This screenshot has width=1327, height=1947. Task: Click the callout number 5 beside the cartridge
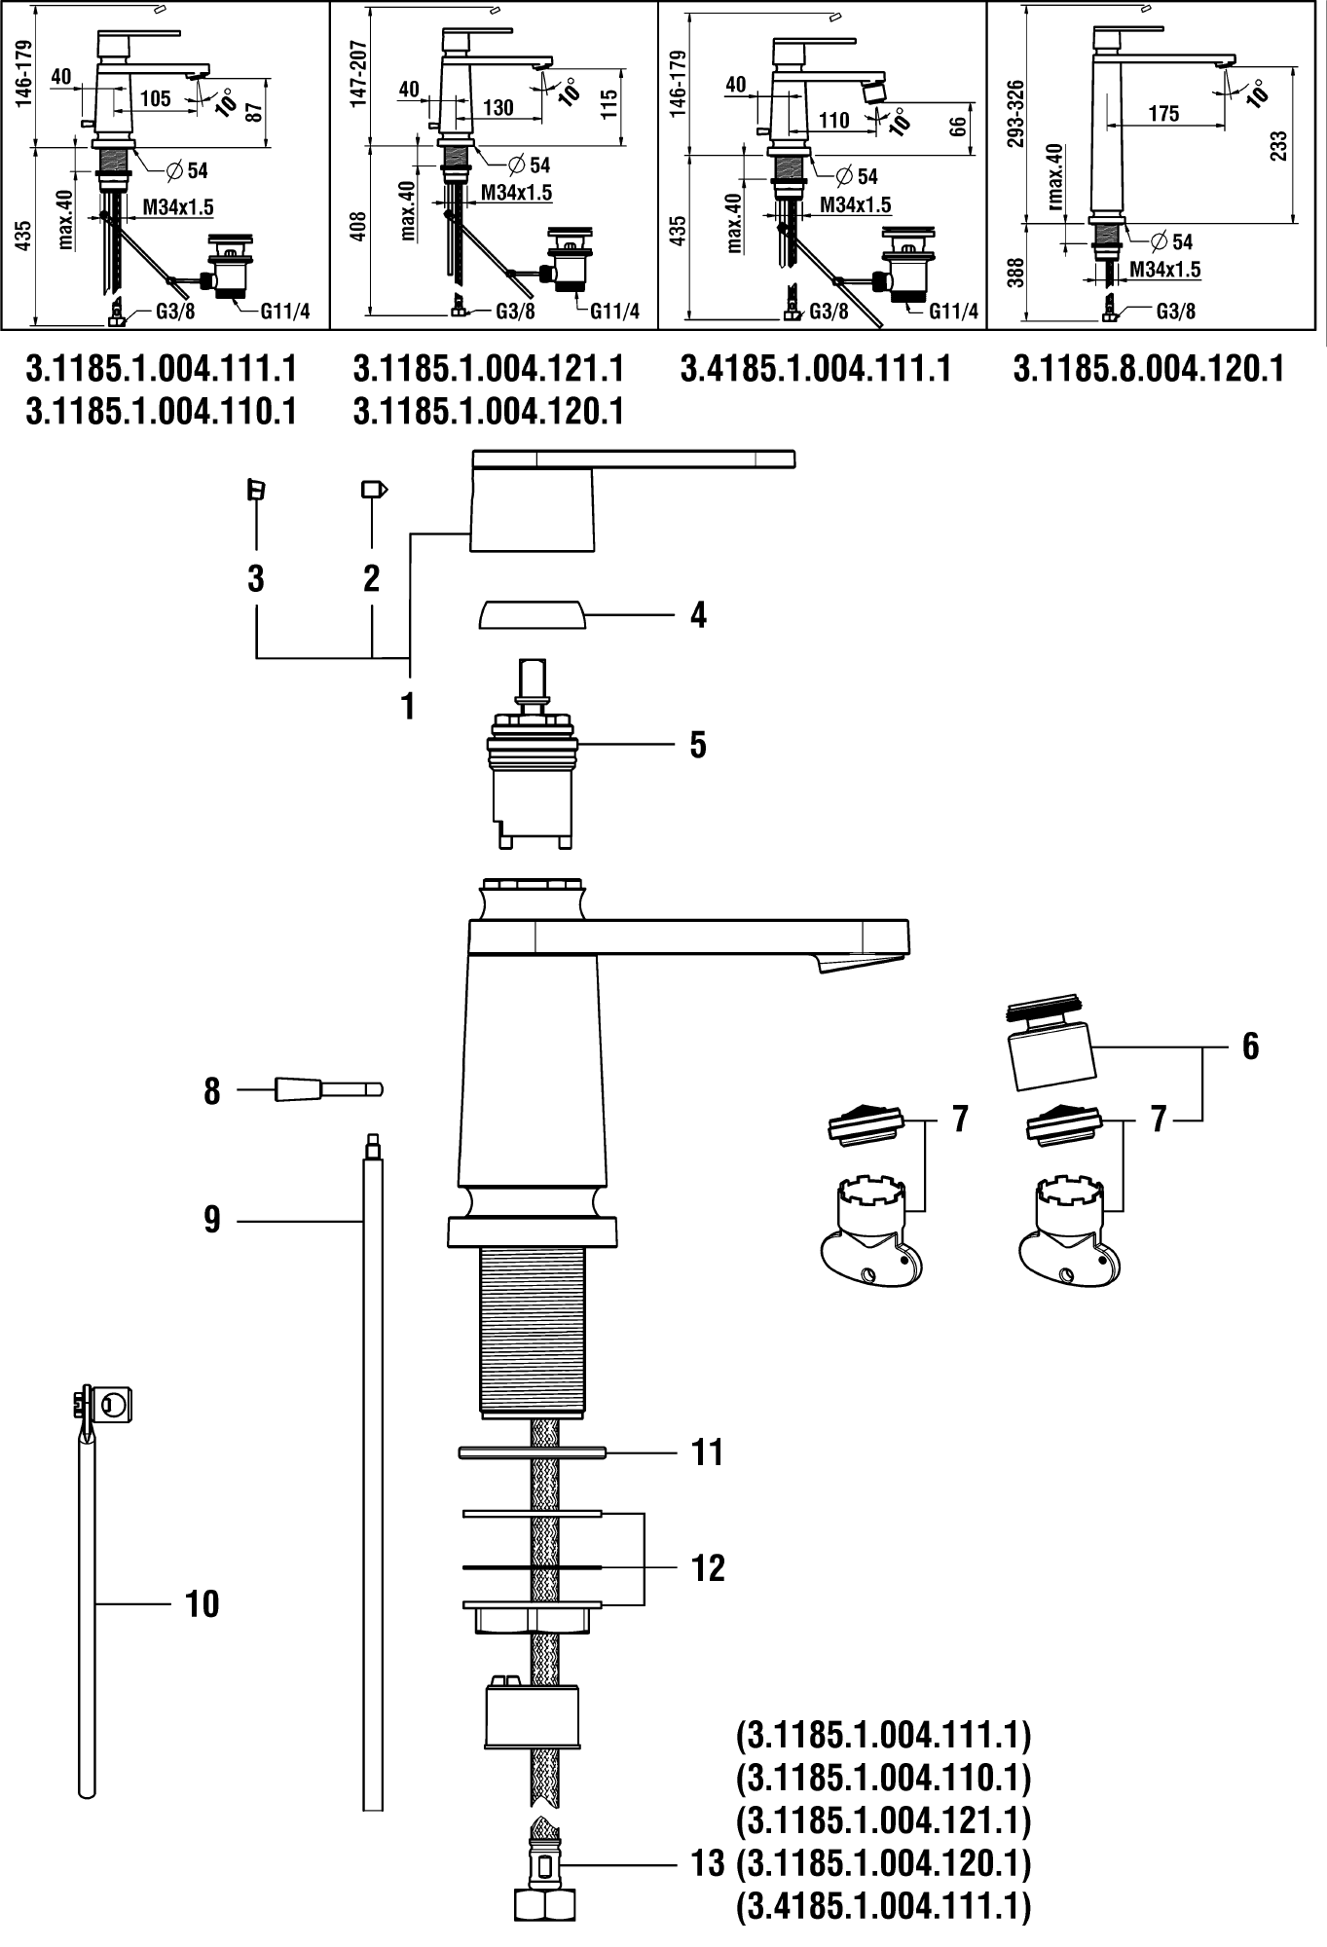pyautogui.click(x=697, y=745)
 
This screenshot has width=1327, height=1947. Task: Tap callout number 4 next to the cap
pyautogui.click(x=697, y=615)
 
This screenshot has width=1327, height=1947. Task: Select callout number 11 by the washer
pyautogui.click(x=708, y=1452)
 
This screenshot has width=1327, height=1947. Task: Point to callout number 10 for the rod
pyautogui.click(x=203, y=1603)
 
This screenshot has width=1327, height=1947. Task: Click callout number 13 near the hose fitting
pyautogui.click(x=708, y=1864)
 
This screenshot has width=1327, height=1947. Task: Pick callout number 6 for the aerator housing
pyautogui.click(x=1250, y=1047)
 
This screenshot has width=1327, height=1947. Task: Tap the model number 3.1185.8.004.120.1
pyautogui.click(x=1149, y=370)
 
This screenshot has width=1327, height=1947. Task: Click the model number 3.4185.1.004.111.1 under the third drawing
pyautogui.click(x=816, y=370)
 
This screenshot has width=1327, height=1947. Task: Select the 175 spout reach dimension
pyautogui.click(x=1163, y=114)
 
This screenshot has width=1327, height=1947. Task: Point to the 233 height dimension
pyautogui.click(x=1279, y=146)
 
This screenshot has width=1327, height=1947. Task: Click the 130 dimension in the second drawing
pyautogui.click(x=498, y=107)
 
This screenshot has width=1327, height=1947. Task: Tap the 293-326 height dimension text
pyautogui.click(x=1016, y=113)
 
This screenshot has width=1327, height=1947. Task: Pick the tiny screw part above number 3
pyautogui.click(x=256, y=489)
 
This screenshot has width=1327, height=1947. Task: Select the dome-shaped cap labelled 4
pyautogui.click(x=531, y=616)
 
